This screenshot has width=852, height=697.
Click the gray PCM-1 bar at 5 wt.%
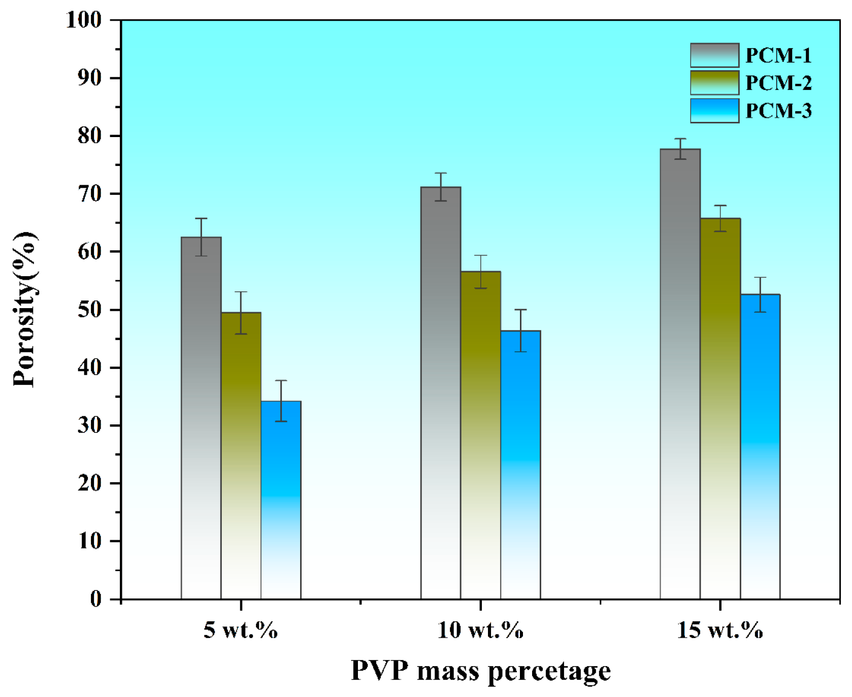tap(201, 416)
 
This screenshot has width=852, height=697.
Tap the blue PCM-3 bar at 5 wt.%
tap(281, 500)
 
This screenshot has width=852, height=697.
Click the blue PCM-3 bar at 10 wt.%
tap(520, 464)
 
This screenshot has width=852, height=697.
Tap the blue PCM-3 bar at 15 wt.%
tap(760, 447)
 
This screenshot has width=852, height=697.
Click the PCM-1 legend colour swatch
tap(714, 55)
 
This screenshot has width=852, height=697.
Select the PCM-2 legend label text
tap(778, 83)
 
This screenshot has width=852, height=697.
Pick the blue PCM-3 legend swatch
tap(714, 111)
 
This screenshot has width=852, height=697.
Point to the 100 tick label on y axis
tap(84, 20)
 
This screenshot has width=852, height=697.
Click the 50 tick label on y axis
tap(89, 310)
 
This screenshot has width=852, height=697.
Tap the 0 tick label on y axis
tap(95, 600)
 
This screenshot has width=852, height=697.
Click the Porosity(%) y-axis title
tap(24, 310)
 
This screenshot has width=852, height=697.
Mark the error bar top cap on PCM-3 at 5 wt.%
tap(281, 380)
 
